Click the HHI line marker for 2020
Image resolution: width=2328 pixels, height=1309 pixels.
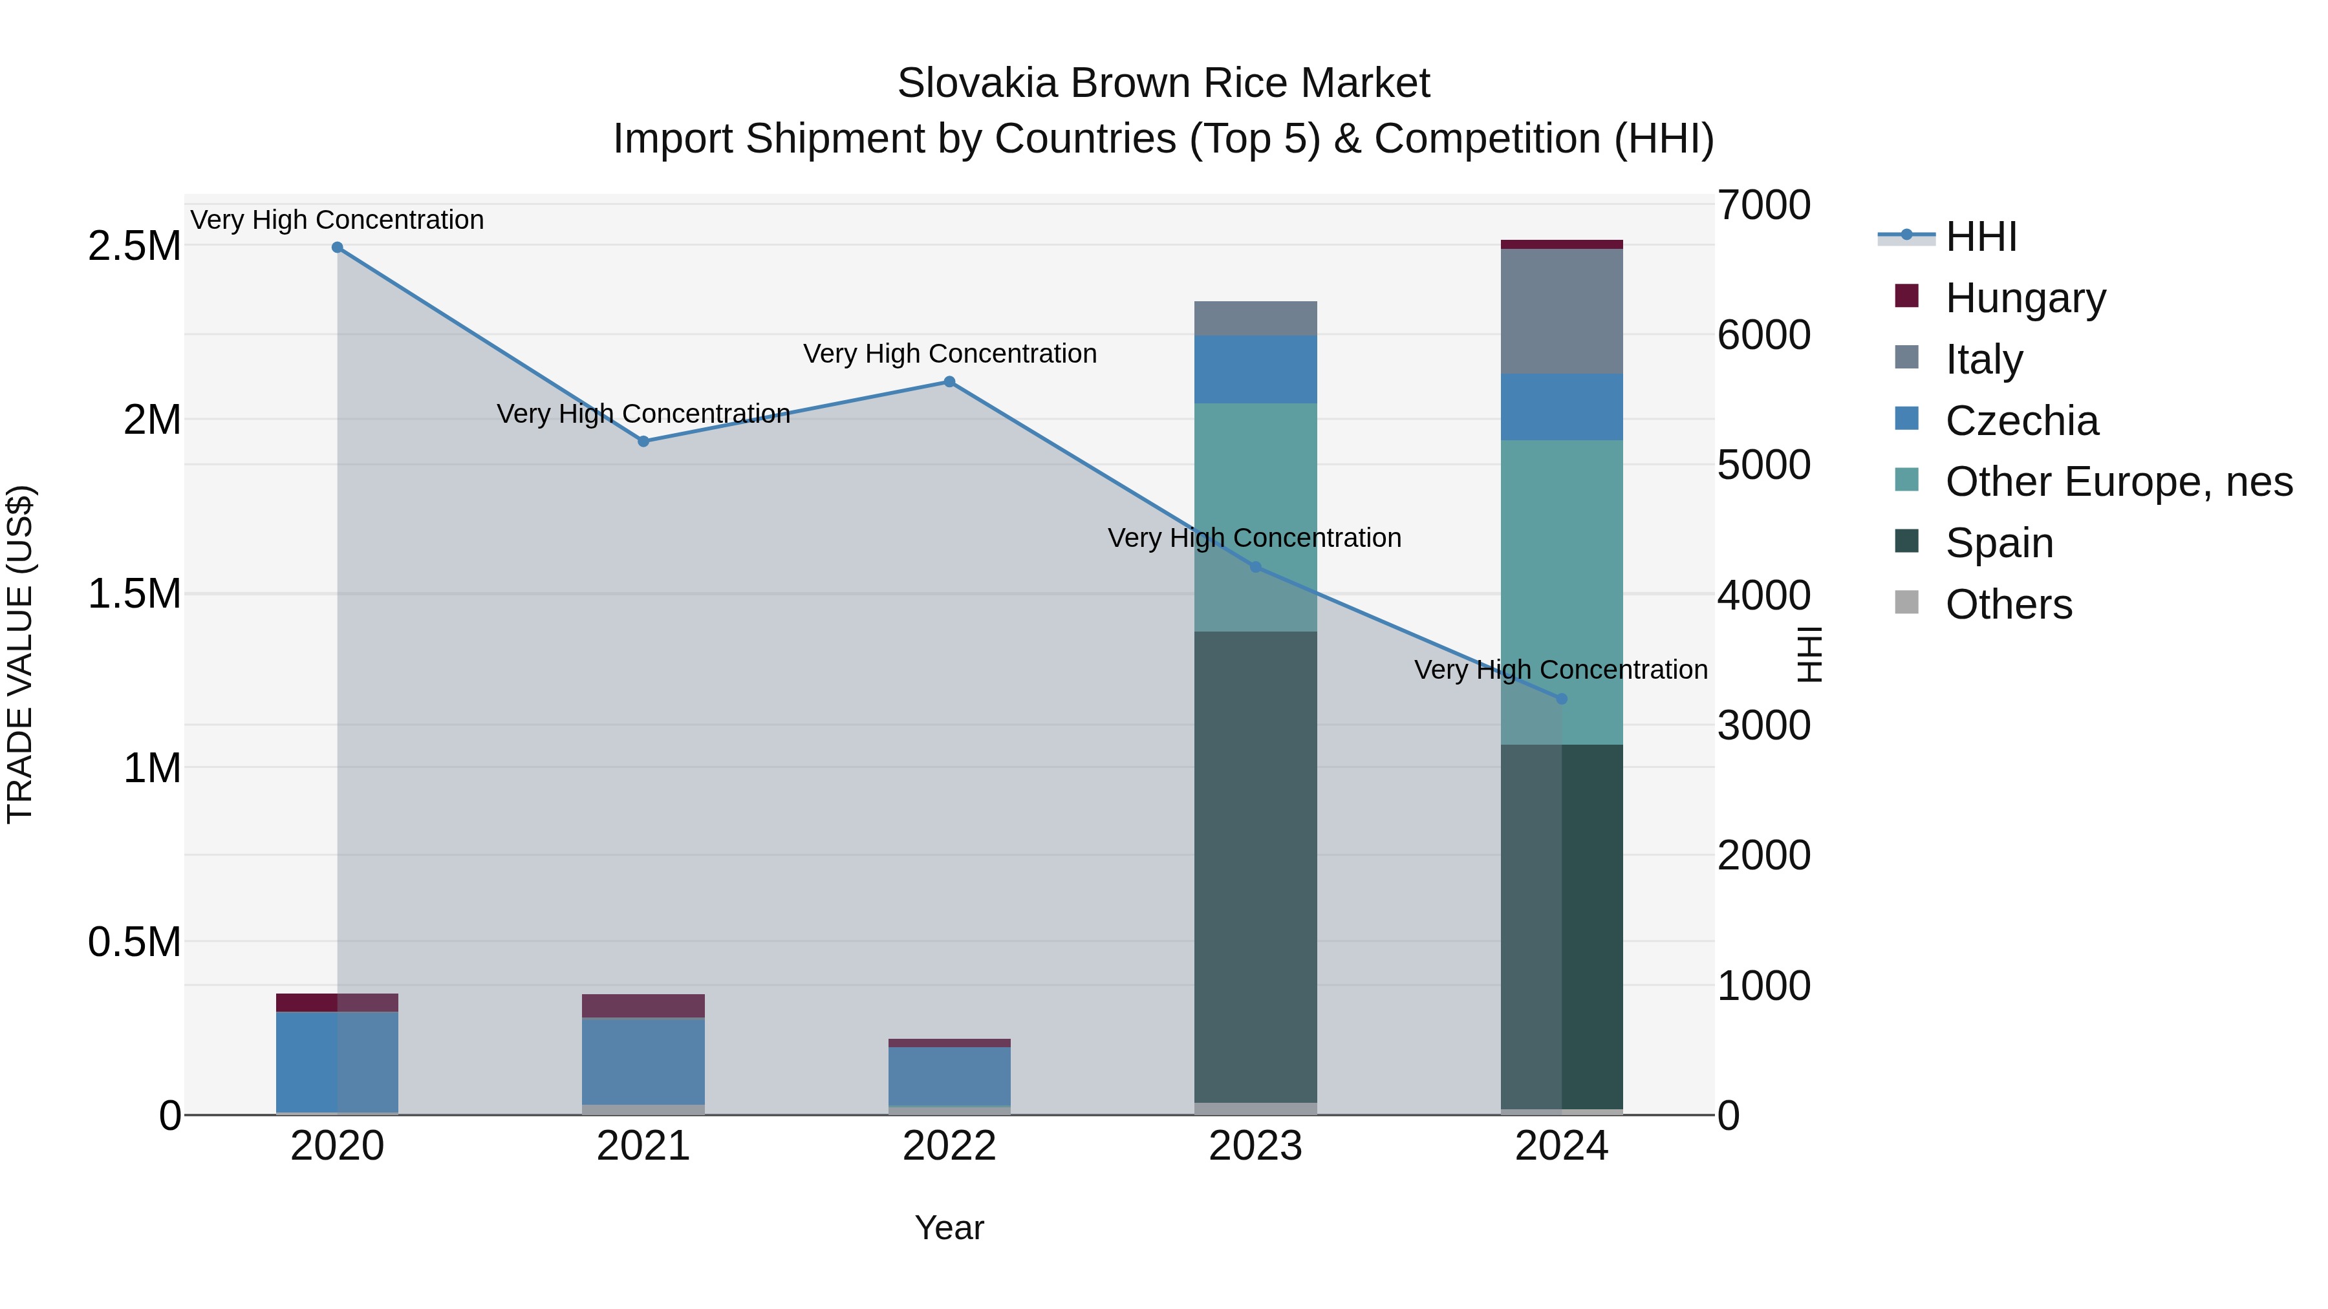tap(337, 247)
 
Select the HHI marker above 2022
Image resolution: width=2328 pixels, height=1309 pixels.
tap(949, 381)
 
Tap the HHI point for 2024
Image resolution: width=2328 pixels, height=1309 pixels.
tap(1561, 698)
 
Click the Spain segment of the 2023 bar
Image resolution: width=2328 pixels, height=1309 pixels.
tap(1255, 867)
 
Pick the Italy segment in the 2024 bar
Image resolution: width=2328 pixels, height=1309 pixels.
tap(1561, 311)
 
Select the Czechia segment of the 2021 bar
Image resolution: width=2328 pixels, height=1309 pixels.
tap(643, 1061)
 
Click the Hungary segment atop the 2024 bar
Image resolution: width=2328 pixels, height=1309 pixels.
tap(1561, 244)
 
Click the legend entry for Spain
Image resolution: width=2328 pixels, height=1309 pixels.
tap(1998, 543)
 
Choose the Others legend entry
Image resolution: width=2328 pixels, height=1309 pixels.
tap(2007, 604)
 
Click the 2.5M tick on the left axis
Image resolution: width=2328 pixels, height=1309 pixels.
tap(134, 246)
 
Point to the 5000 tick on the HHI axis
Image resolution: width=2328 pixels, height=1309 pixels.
tap(1763, 465)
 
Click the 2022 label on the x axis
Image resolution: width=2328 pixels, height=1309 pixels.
tap(949, 1146)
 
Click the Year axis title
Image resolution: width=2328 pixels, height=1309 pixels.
tap(949, 1228)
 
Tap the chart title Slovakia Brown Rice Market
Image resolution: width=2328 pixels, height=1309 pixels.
tap(1163, 83)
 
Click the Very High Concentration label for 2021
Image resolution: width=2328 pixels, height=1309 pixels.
tap(643, 414)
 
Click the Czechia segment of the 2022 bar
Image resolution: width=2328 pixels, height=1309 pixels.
tap(949, 1076)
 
